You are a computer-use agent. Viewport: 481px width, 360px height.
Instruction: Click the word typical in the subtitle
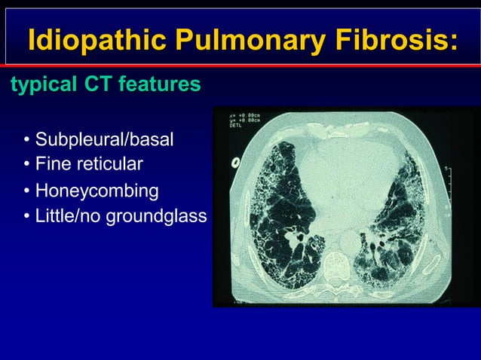(x=37, y=85)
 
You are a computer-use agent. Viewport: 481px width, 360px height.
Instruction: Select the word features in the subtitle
(x=157, y=85)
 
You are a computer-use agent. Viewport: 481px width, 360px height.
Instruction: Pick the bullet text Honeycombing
(x=97, y=191)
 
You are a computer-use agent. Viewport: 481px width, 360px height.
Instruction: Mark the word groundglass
(x=156, y=218)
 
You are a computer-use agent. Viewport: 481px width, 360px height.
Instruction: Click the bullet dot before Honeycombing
(x=27, y=191)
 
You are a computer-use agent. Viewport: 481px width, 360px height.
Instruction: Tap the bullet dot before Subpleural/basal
(x=27, y=140)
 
